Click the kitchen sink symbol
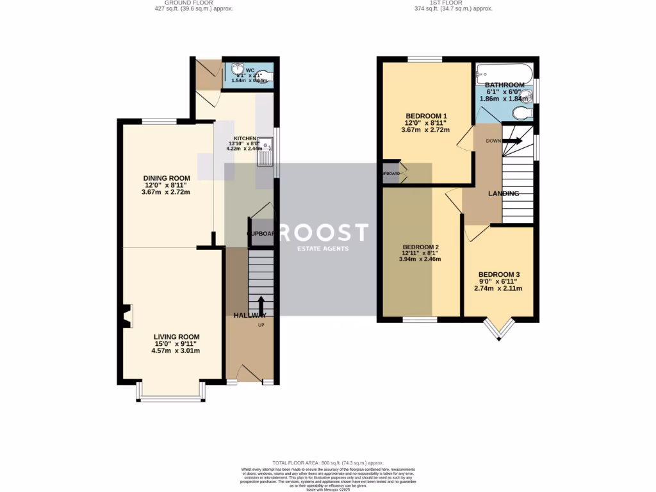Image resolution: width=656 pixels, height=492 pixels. [x=266, y=152]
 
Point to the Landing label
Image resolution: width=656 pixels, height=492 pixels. [x=503, y=193]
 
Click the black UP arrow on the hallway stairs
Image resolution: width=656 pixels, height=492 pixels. [x=261, y=304]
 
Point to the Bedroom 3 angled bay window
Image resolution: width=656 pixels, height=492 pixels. [x=498, y=329]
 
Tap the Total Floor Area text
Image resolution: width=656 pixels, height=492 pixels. [x=327, y=463]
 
